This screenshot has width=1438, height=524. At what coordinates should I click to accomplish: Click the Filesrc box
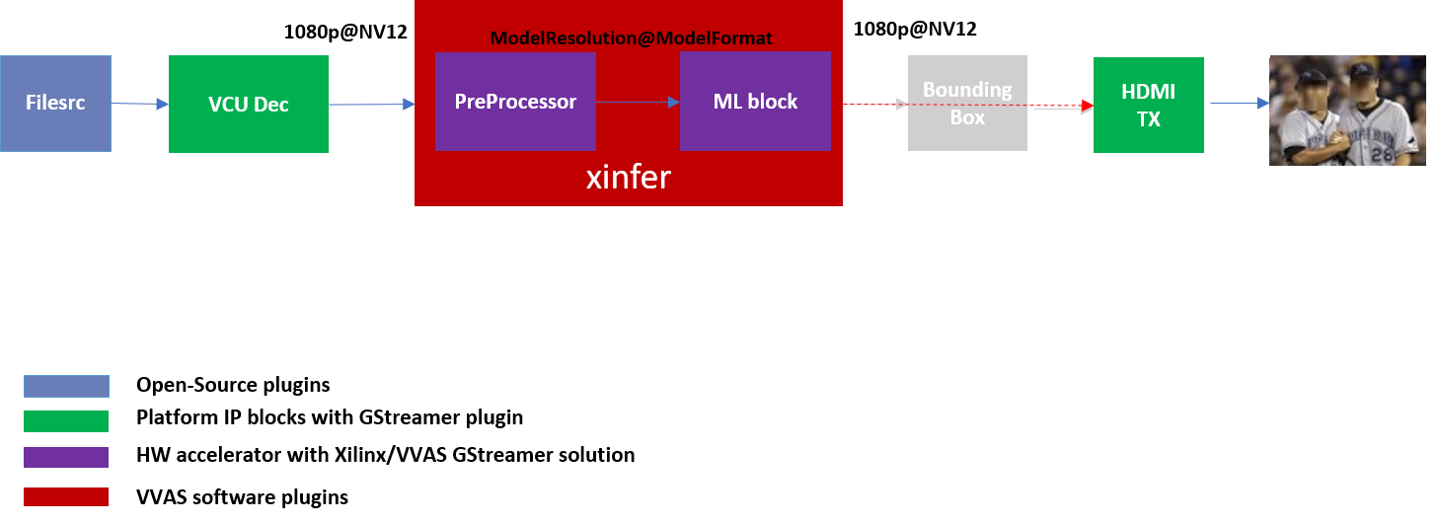point(55,104)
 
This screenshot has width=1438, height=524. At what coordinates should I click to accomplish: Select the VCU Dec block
point(249,104)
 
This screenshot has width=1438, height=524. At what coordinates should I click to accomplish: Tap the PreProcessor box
point(515,102)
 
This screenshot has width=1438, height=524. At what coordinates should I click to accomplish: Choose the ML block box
point(755,102)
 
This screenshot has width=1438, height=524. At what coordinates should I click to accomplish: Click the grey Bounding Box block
point(967,104)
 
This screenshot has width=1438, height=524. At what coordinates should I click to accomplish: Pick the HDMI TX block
point(1148,105)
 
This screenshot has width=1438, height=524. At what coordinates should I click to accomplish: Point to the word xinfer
point(629,178)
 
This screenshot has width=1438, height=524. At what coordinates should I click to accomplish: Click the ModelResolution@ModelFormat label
point(631,38)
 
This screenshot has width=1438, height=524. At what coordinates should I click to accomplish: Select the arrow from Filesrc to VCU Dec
point(140,103)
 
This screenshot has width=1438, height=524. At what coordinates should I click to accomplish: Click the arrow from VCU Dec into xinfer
point(371,103)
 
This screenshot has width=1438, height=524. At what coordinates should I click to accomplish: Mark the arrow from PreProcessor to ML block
point(638,102)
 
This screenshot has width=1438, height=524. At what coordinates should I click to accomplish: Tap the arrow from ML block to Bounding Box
point(874,104)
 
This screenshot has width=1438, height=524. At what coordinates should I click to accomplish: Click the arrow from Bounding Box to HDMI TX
point(1060,107)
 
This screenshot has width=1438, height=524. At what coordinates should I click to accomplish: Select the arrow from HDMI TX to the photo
point(1239,103)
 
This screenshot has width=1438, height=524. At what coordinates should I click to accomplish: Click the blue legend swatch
point(66,386)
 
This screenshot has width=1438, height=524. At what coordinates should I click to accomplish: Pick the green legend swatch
point(66,421)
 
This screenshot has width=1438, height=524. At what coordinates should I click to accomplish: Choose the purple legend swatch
point(66,457)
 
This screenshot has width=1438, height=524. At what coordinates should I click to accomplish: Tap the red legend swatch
point(66,496)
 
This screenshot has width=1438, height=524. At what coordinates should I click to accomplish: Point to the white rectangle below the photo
point(1346,235)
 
